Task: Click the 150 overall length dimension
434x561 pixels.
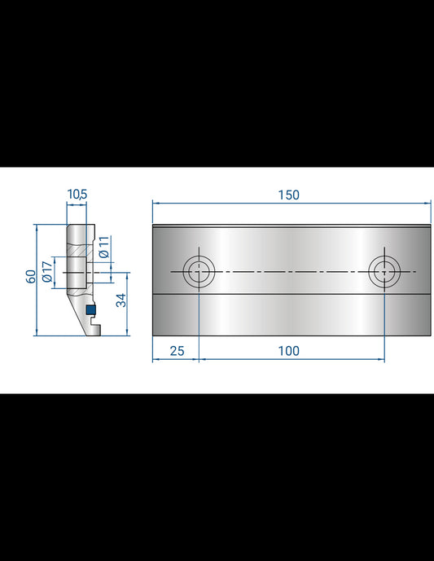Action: pyautogui.click(x=288, y=195)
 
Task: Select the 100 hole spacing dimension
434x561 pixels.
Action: pyautogui.click(x=288, y=351)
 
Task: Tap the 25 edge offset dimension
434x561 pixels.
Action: pyautogui.click(x=175, y=351)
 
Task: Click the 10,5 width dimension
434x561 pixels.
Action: pyautogui.click(x=77, y=194)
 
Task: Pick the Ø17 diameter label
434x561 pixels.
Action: pyautogui.click(x=47, y=270)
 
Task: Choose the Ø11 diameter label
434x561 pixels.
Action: pyautogui.click(x=103, y=248)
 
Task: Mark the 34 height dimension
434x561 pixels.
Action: pyautogui.click(x=121, y=300)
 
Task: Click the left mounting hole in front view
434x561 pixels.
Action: pyautogui.click(x=198, y=271)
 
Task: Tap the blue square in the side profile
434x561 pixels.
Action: pyautogui.click(x=91, y=310)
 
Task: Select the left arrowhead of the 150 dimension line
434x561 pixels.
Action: pyautogui.click(x=156, y=203)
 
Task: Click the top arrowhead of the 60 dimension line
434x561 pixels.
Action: pyautogui.click(x=37, y=227)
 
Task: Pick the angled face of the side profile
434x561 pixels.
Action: pyautogui.click(x=75, y=313)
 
